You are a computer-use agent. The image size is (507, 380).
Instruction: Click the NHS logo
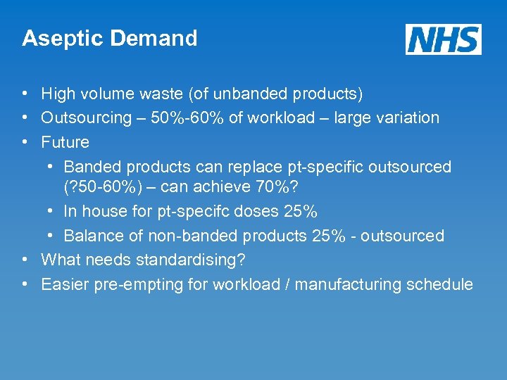pos(444,39)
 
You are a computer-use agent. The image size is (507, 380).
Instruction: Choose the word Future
pos(65,141)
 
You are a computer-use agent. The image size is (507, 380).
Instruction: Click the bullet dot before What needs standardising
pos(25,259)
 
